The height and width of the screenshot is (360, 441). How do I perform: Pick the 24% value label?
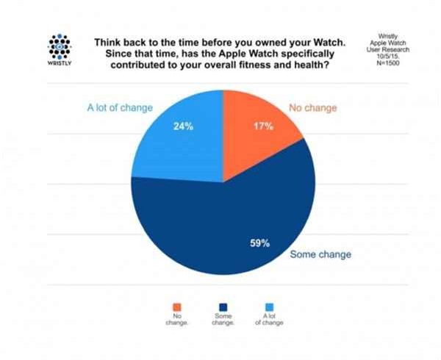(x=183, y=126)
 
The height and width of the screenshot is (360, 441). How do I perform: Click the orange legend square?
(x=176, y=307)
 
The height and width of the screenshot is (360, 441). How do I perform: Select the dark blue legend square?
(x=223, y=307)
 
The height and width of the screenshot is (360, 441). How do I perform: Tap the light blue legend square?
(x=268, y=307)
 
